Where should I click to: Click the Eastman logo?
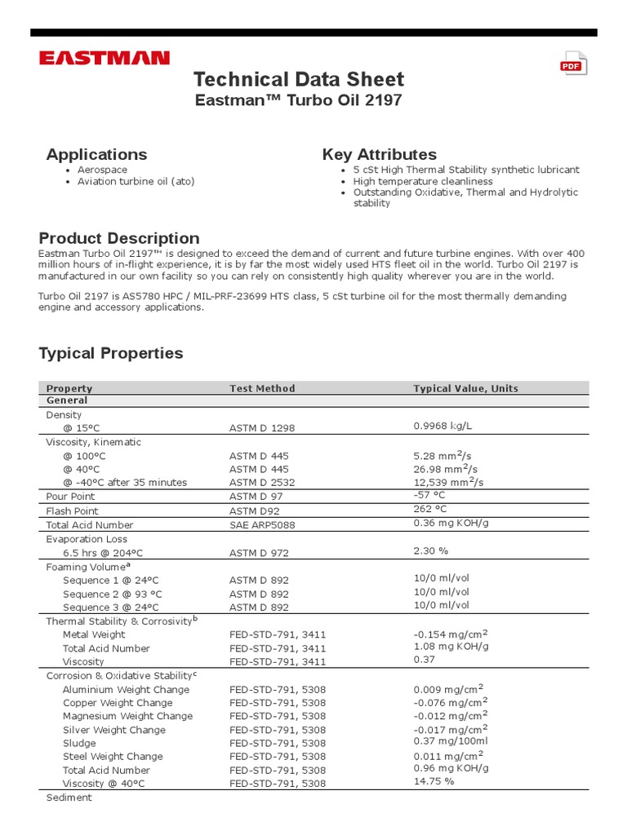(104, 58)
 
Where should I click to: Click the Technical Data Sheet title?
(298, 79)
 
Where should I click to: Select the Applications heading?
(96, 154)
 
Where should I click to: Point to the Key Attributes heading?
(379, 154)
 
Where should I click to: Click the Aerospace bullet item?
(102, 170)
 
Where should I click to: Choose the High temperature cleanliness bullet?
(423, 181)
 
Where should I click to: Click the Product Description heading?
(119, 238)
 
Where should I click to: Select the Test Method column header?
(262, 388)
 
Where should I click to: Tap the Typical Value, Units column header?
(465, 388)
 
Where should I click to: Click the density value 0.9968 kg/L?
(443, 426)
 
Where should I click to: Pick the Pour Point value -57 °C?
(429, 495)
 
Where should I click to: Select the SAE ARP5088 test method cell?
(262, 525)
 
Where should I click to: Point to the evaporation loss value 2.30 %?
(431, 551)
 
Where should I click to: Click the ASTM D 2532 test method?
(262, 482)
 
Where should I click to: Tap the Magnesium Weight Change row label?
(127, 716)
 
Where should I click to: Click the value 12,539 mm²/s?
(449, 482)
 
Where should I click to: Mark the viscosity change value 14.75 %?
(434, 781)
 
